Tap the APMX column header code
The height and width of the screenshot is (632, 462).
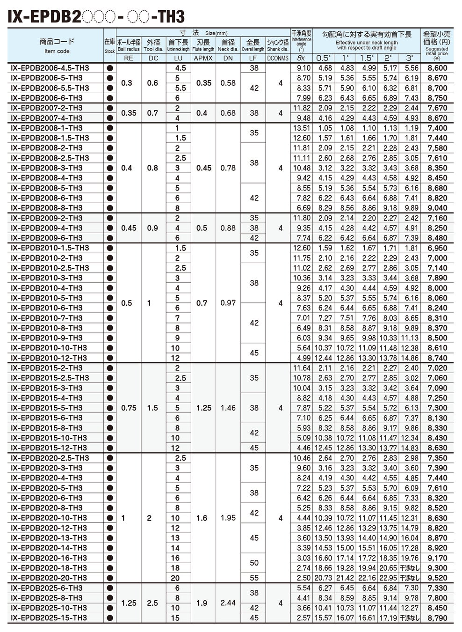tap(203, 58)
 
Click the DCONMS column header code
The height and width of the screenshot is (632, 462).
tap(278, 58)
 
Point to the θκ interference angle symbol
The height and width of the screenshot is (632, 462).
tap(301, 58)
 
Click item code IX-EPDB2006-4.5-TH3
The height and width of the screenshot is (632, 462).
tap(50, 68)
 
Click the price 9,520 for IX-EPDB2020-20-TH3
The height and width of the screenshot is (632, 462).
tap(437, 578)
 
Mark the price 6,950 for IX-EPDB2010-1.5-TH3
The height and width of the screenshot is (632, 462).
tap(437, 248)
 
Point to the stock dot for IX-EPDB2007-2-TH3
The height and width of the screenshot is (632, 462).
tap(110, 108)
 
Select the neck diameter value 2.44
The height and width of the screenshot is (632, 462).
tap(228, 603)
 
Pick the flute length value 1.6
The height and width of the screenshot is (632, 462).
tap(202, 518)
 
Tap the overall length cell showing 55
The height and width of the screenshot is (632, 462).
tap(254, 578)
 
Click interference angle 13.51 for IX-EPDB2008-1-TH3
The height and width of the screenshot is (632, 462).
tap(301, 128)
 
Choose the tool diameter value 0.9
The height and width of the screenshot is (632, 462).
tap(152, 228)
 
